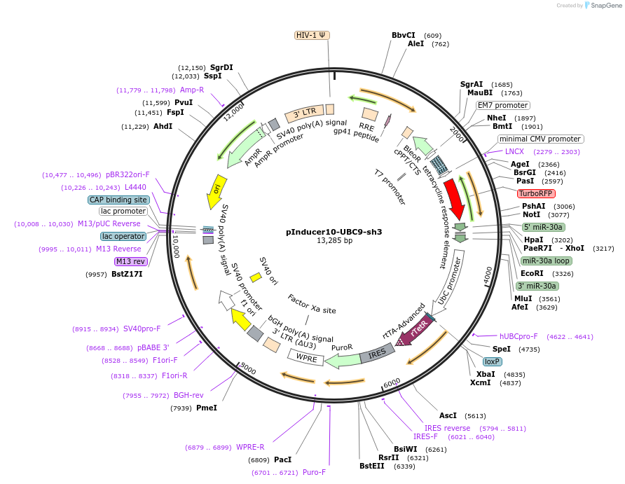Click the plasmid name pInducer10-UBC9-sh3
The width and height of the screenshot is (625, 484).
[334, 231]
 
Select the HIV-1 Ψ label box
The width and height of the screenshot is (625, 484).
[312, 35]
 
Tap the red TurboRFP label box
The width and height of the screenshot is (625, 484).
[535, 193]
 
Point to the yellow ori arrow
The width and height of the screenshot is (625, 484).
[217, 190]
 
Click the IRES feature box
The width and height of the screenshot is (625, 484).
[377, 354]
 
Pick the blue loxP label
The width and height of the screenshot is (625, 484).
[493, 361]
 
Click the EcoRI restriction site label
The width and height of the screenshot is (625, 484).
[532, 273]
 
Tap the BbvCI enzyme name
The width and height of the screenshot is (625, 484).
[403, 35]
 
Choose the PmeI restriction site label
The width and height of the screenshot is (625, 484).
[206, 408]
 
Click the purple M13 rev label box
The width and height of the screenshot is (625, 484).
[131, 261]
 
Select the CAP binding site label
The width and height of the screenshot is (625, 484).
[118, 200]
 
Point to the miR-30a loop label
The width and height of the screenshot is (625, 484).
[546, 261]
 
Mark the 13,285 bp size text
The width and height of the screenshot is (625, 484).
[334, 241]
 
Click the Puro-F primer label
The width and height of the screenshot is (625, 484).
[314, 473]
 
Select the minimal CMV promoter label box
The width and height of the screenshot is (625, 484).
[540, 139]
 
